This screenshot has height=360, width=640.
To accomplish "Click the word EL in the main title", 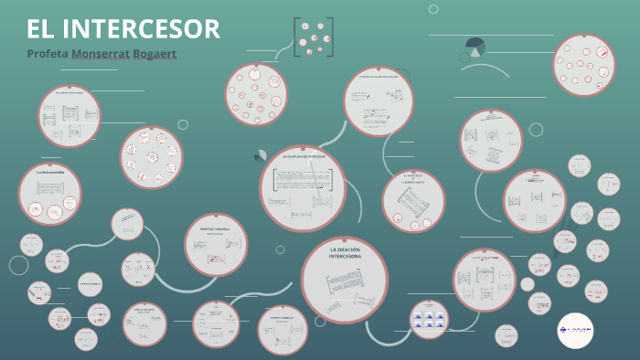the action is (39, 28).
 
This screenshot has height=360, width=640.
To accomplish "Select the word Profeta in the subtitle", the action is (48, 53).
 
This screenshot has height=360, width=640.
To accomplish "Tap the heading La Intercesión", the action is (49, 171).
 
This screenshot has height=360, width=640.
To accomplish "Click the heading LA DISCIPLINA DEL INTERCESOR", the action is (304, 157).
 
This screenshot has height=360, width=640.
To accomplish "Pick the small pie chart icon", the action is (475, 46).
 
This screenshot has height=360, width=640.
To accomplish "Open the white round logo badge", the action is (575, 329).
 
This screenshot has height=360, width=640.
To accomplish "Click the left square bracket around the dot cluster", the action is (296, 37).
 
